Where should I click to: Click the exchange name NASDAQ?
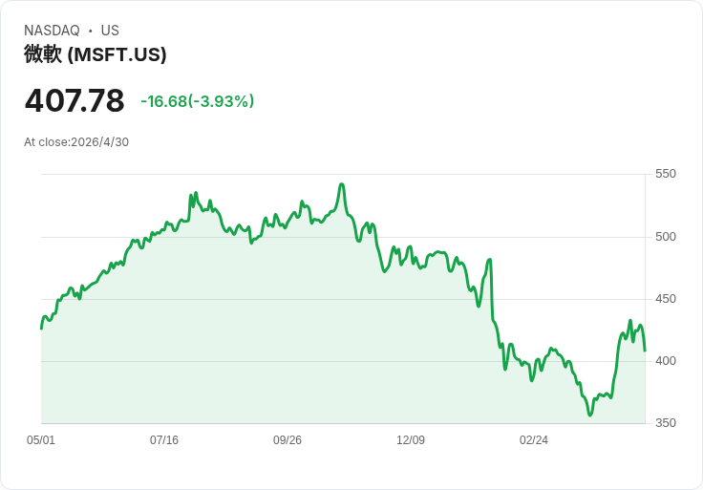tap(52, 31)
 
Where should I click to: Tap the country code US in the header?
tap(110, 31)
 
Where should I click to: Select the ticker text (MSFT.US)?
tap(117, 54)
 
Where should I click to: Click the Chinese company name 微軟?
tap(43, 54)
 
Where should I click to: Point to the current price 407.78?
tap(75, 100)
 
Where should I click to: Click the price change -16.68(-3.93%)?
tap(198, 101)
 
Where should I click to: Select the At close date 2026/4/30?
tap(100, 142)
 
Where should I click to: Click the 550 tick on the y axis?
tap(666, 174)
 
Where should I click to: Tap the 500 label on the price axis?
tap(666, 237)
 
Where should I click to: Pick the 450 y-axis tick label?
tap(666, 299)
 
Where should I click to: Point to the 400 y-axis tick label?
tap(666, 361)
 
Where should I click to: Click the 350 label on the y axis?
tap(666, 423)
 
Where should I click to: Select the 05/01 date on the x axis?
tap(41, 440)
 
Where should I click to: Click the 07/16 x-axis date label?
tap(164, 440)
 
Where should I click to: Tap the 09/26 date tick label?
tap(288, 440)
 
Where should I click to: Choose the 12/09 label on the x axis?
tap(411, 440)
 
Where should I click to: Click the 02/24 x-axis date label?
tap(534, 440)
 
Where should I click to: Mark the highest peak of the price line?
tap(342, 183)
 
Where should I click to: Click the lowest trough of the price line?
tap(590, 415)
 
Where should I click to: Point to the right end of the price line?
tap(645, 351)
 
